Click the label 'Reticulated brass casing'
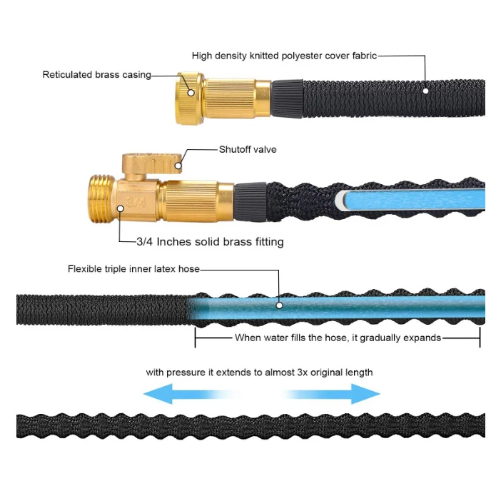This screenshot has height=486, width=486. (x=96, y=74)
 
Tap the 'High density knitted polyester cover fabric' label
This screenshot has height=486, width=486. (x=284, y=56)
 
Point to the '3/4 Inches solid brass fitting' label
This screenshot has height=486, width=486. (x=210, y=242)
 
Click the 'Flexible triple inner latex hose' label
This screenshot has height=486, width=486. (x=133, y=269)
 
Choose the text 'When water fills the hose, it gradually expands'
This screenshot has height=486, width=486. (x=338, y=338)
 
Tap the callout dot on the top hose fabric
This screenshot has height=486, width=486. (x=425, y=91)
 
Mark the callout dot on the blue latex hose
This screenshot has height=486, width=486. (x=280, y=305)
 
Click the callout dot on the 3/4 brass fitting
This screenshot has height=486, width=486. (x=120, y=208)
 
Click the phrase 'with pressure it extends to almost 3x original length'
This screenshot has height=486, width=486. (x=259, y=373)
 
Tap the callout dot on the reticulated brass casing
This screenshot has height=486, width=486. (x=191, y=91)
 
